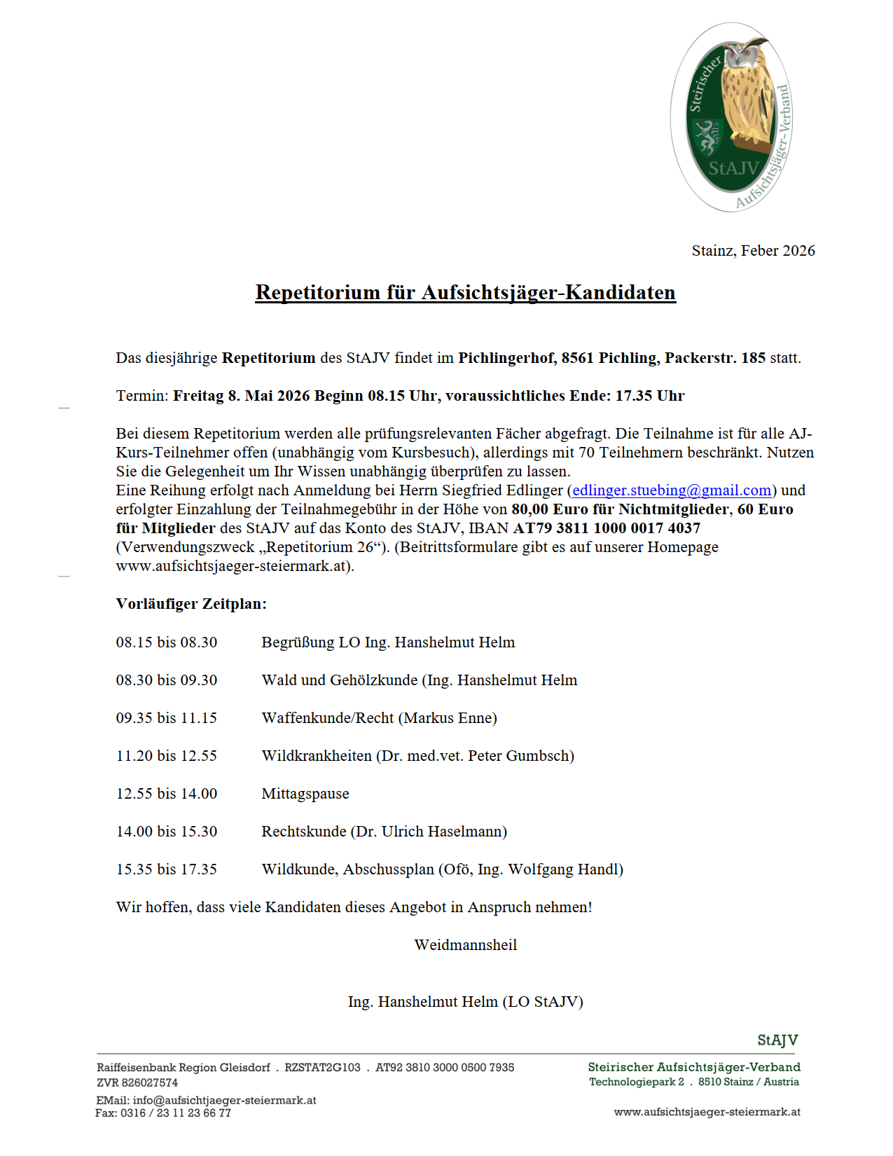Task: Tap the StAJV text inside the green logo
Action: pyautogui.click(x=733, y=169)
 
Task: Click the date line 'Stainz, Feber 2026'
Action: pyautogui.click(x=753, y=251)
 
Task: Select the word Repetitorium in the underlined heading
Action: pyautogui.click(x=318, y=292)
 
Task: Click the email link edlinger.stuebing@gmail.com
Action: pyautogui.click(x=672, y=490)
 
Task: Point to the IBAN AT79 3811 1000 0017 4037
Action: pyautogui.click(x=607, y=528)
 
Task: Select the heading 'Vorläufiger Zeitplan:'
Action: pyautogui.click(x=191, y=604)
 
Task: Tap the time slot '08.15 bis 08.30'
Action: pyautogui.click(x=167, y=642)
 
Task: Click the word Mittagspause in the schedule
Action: pyautogui.click(x=305, y=794)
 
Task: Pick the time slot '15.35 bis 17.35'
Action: pyautogui.click(x=167, y=869)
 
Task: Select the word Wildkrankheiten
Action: pyautogui.click(x=317, y=756)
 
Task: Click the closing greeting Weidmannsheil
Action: pyautogui.click(x=465, y=945)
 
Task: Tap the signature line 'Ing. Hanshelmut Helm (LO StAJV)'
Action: pyautogui.click(x=465, y=1002)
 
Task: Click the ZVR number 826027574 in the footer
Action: pyautogui.click(x=150, y=1083)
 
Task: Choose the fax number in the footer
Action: pyautogui.click(x=176, y=1113)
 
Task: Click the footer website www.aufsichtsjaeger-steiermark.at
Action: pyautogui.click(x=707, y=1112)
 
